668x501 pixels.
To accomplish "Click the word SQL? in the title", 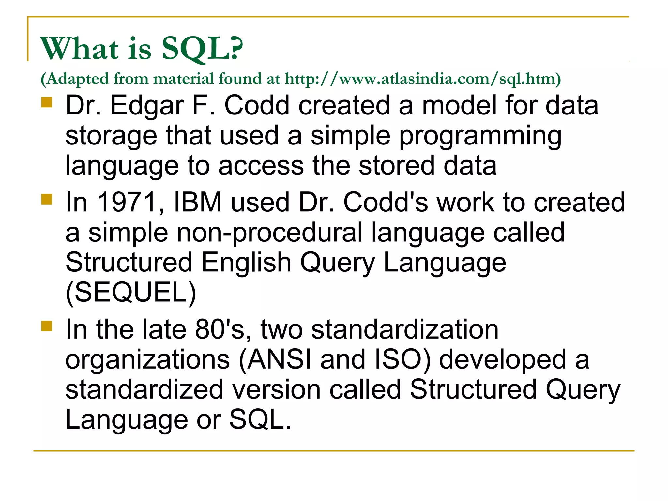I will pyautogui.click(x=202, y=49).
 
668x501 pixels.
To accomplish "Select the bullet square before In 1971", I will pyautogui.click(x=47, y=199).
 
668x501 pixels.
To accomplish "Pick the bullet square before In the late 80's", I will pyautogui.click(x=47, y=326).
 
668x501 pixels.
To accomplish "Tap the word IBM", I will pyautogui.click(x=198, y=202).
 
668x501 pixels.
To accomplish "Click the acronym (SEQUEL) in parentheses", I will pyautogui.click(x=131, y=293).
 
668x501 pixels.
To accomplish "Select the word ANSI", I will pyautogui.click(x=279, y=359).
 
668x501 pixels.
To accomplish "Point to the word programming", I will pyautogui.click(x=480, y=136).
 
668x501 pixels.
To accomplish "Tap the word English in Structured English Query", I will pyautogui.click(x=246, y=263).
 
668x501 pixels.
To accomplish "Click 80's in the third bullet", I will pyautogui.click(x=223, y=329).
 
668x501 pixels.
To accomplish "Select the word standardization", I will pyautogui.click(x=405, y=329).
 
